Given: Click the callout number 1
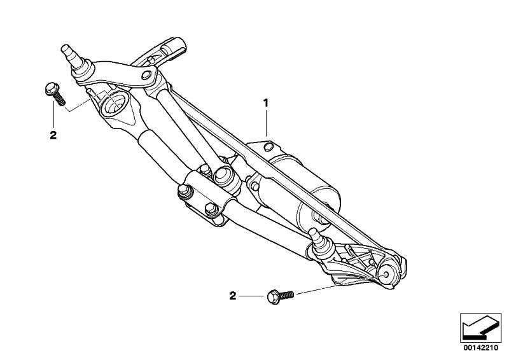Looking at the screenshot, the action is point(266,103).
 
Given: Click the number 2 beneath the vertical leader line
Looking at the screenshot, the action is point(53,135).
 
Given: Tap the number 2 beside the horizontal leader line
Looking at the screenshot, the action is point(233,296).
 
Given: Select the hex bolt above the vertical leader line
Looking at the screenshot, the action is point(55,93).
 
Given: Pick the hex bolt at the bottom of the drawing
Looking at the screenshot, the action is point(281,296).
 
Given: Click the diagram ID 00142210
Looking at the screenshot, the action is point(480,348).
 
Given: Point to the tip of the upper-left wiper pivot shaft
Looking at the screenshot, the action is point(65,48).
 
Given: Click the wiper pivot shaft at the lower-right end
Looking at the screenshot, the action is point(317,238).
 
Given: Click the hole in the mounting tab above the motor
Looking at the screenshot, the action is point(268,147).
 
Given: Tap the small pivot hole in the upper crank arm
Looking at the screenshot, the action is point(146,75).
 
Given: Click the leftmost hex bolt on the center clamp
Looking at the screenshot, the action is point(184,191).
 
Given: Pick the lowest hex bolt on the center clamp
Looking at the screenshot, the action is point(211,209).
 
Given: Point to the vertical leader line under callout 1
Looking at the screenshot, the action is point(266,123).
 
